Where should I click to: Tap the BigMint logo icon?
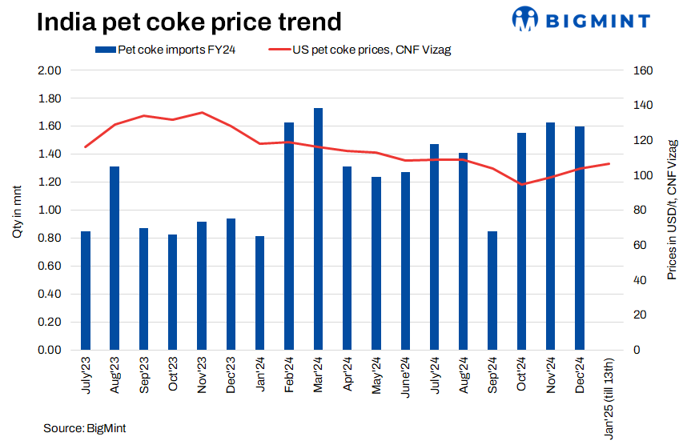(526, 18)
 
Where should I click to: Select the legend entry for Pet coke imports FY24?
(169, 50)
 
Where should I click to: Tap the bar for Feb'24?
(289, 236)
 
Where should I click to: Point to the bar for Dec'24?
(580, 238)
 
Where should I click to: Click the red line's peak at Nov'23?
(202, 113)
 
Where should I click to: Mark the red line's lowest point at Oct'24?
(522, 184)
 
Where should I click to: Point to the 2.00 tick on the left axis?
(50, 70)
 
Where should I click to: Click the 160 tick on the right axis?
(622, 70)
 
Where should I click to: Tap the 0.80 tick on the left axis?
(50, 239)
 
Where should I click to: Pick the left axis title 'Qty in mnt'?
(17, 210)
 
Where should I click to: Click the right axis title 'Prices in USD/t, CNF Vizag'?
(672, 210)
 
